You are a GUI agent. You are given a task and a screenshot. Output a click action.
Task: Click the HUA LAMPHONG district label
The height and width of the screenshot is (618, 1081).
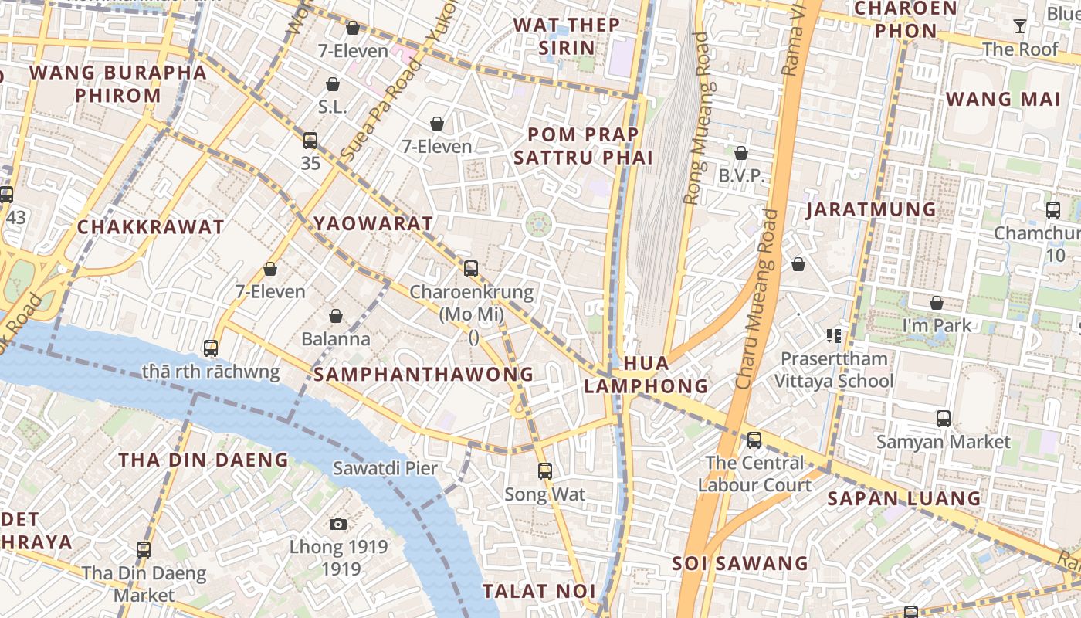click(x=646, y=374)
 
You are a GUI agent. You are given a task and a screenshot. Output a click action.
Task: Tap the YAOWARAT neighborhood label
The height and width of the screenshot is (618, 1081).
click(x=373, y=223)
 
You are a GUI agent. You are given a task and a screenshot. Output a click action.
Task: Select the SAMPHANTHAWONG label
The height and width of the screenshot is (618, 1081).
click(x=423, y=374)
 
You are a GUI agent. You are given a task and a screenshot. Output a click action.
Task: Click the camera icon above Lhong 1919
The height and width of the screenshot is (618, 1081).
click(x=337, y=525)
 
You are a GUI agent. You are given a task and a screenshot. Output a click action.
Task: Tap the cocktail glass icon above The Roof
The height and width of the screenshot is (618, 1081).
click(x=1020, y=26)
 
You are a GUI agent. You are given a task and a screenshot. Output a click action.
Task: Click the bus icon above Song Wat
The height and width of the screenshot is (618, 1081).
click(x=545, y=470)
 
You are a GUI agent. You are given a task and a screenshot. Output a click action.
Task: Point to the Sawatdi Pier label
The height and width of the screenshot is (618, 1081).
click(x=385, y=468)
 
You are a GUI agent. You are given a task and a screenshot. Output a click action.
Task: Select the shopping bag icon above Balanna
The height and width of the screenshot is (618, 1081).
click(x=336, y=316)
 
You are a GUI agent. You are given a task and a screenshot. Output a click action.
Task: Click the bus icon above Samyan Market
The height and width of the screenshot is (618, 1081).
click(x=943, y=419)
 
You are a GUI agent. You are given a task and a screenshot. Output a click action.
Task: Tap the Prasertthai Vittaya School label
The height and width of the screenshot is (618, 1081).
click(x=834, y=369)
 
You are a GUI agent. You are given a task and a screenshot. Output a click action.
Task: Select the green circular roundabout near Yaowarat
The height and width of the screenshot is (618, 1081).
click(x=539, y=225)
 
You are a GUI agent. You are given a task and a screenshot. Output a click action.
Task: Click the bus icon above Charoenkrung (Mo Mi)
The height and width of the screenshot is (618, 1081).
click(x=471, y=269)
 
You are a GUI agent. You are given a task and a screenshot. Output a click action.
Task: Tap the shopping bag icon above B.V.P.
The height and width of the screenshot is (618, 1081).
click(x=741, y=153)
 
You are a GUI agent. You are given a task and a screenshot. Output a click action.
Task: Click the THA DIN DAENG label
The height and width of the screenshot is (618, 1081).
click(x=203, y=460)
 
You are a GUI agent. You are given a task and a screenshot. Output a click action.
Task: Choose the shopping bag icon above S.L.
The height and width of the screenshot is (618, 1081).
click(x=333, y=83)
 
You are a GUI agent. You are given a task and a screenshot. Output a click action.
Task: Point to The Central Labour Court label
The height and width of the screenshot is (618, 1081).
click(x=754, y=474)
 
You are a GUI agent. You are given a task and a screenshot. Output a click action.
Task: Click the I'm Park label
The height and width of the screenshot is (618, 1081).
click(x=937, y=325)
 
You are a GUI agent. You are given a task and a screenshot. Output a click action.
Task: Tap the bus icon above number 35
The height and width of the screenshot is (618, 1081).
click(x=310, y=141)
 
